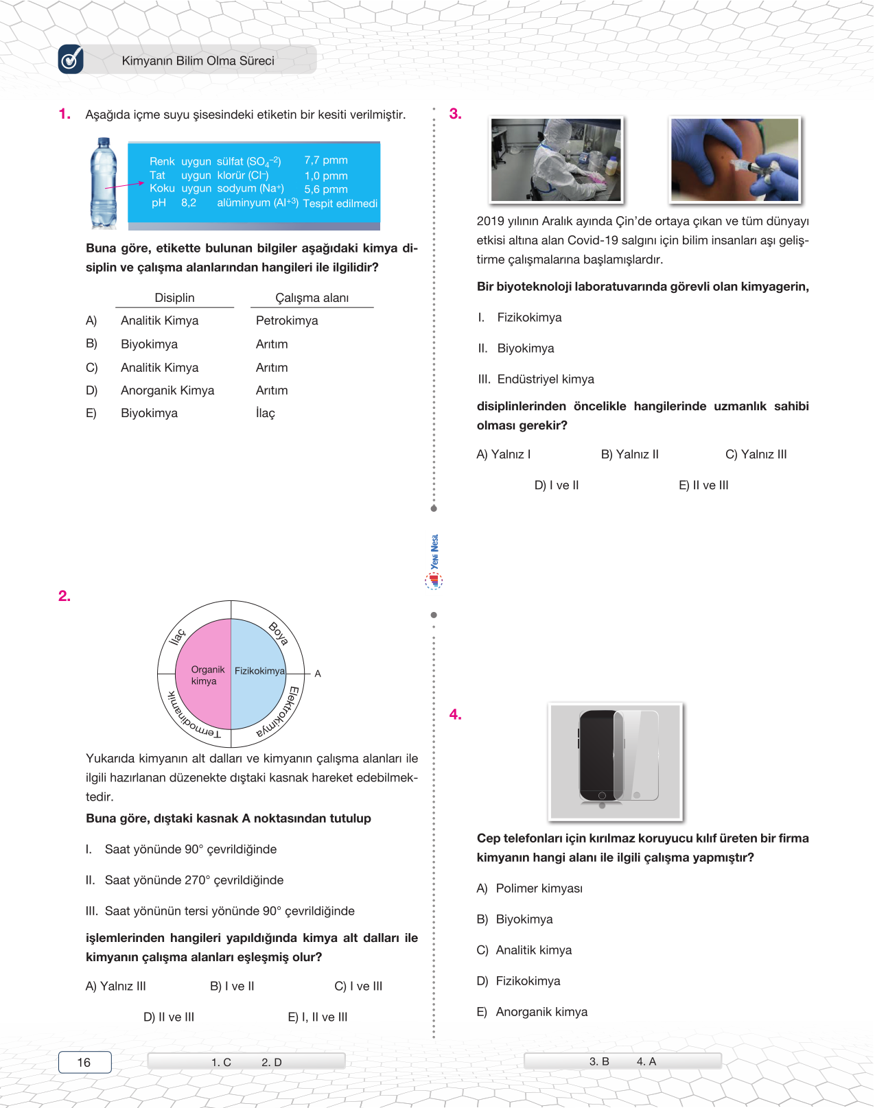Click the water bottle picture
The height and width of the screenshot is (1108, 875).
pyautogui.click(x=104, y=183)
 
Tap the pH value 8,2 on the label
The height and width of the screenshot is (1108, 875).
pyautogui.click(x=189, y=203)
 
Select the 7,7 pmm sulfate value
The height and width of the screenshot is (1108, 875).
pyautogui.click(x=326, y=161)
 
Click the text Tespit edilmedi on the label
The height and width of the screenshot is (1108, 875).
pyautogui.click(x=340, y=204)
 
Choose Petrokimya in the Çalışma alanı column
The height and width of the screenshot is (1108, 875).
pyautogui.click(x=287, y=321)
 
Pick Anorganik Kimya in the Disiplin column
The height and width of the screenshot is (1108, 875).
pyautogui.click(x=167, y=390)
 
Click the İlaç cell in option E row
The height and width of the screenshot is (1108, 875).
pyautogui.click(x=266, y=413)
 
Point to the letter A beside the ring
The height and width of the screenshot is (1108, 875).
pyautogui.click(x=318, y=674)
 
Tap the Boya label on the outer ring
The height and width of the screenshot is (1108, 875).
pyautogui.click(x=278, y=633)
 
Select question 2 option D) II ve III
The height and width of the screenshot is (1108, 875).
pyautogui.click(x=169, y=1017)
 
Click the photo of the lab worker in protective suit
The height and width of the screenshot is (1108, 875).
pyautogui.click(x=556, y=160)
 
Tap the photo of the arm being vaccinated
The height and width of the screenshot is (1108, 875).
pyautogui.click(x=735, y=160)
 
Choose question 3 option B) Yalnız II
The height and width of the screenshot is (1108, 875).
pyautogui.click(x=629, y=454)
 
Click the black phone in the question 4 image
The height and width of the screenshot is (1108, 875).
pyautogui.click(x=598, y=756)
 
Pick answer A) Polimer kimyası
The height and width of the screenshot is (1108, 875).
pyautogui.click(x=530, y=888)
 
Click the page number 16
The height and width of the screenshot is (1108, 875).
pyautogui.click(x=84, y=1062)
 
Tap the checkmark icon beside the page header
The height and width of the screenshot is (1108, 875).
pyautogui.click(x=71, y=60)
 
